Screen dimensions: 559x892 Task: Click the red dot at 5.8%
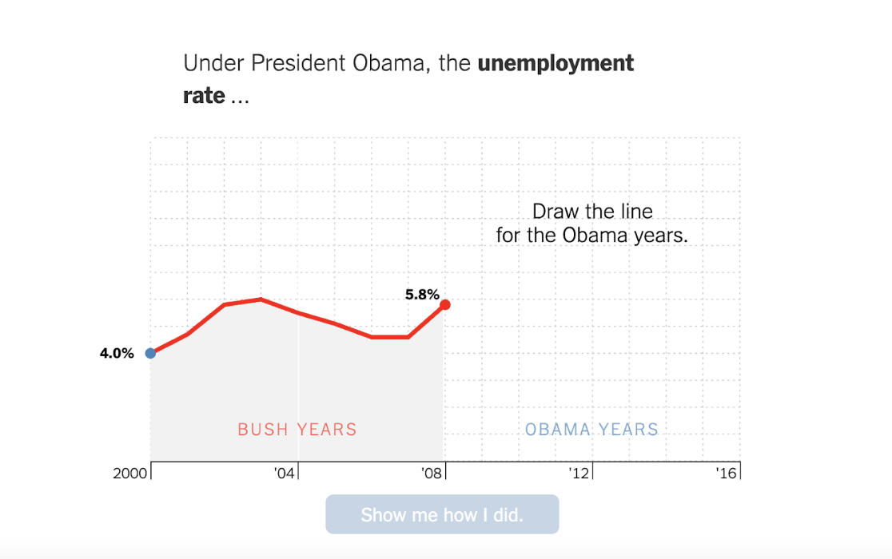click(445, 304)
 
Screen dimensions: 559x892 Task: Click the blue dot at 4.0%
click(150, 353)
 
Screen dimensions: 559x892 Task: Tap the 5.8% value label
click(422, 295)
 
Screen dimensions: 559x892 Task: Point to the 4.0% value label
click(117, 354)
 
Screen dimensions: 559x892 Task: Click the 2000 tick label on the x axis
click(130, 474)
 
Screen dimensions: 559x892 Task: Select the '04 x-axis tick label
click(285, 474)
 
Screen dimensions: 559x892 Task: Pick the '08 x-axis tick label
click(432, 474)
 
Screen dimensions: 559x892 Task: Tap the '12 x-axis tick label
click(579, 474)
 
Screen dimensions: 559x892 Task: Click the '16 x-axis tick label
click(726, 474)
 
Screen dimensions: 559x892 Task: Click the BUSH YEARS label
click(297, 430)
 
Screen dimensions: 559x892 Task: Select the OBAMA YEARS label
click(591, 430)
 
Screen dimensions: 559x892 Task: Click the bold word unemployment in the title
click(556, 63)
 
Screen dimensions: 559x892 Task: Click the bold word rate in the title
click(204, 96)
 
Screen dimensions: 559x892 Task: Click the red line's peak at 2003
click(261, 299)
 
